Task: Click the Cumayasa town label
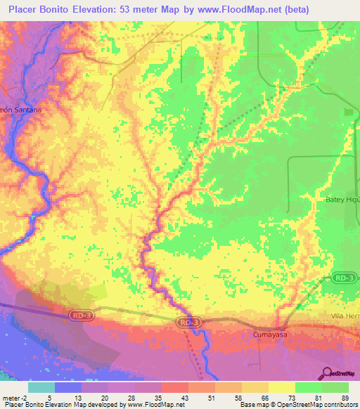[271, 336]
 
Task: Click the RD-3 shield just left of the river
[185, 323]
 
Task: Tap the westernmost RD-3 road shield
[81, 316]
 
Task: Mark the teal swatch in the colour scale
[41, 387]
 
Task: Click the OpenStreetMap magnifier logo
[327, 374]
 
